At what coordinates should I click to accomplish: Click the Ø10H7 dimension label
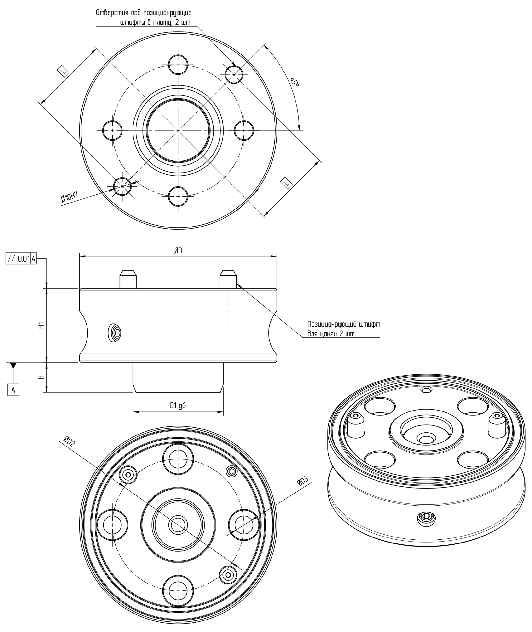click(69, 197)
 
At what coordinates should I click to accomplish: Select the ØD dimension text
click(178, 251)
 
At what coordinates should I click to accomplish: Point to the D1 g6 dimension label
click(178, 405)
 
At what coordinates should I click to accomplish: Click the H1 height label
click(42, 325)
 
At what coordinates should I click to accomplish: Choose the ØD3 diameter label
click(302, 481)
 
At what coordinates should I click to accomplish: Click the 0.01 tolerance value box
click(24, 259)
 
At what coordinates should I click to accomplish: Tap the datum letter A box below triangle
click(13, 390)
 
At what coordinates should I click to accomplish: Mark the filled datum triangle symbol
click(13, 365)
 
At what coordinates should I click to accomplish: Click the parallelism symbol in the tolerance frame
click(11, 259)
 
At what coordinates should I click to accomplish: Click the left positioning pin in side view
click(128, 279)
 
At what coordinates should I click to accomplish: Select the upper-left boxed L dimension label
click(63, 71)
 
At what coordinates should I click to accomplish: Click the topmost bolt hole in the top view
click(178, 65)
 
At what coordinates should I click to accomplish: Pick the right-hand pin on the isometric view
click(497, 425)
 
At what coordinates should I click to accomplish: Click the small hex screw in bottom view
click(232, 471)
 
